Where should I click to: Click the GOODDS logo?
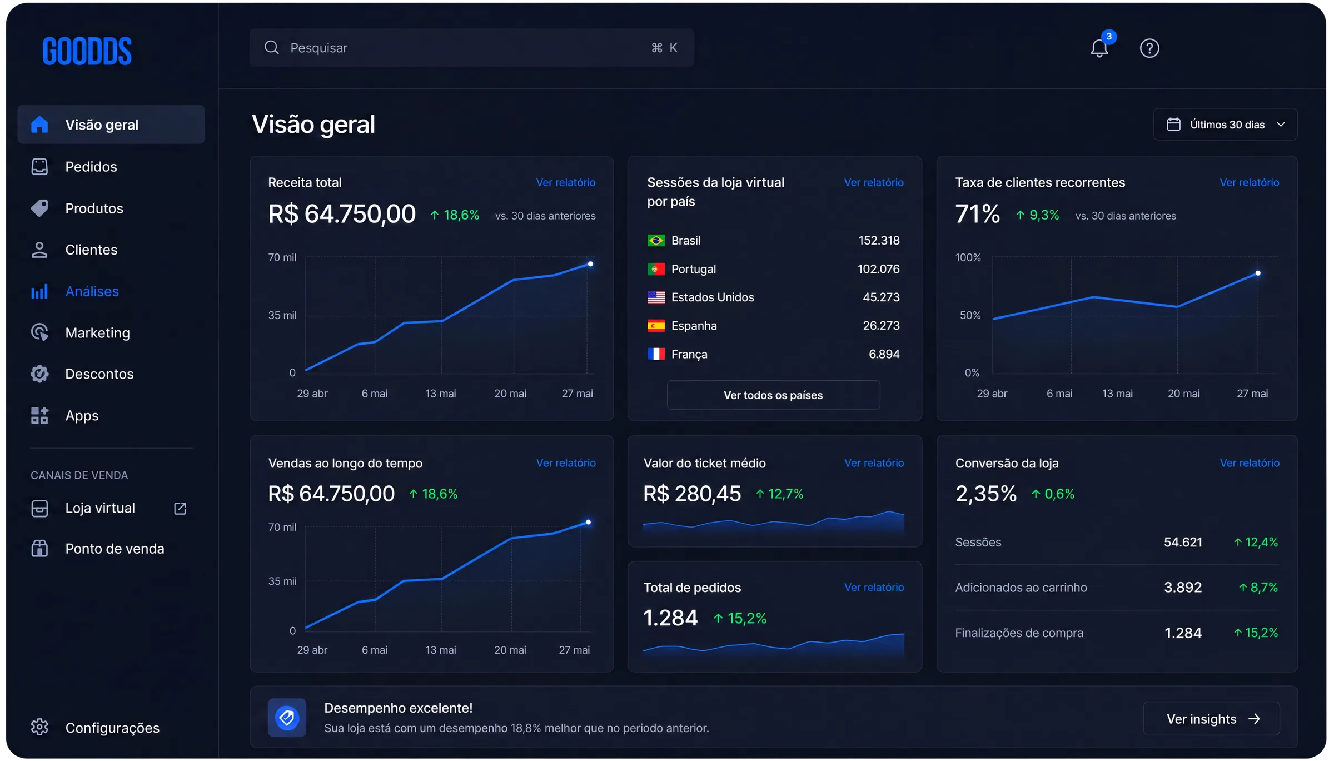click(87, 51)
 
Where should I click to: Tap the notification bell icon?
click(1099, 48)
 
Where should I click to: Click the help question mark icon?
click(1149, 48)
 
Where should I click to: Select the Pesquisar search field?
click(471, 48)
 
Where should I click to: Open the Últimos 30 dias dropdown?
click(1225, 125)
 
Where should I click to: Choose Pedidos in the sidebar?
click(91, 167)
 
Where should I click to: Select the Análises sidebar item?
click(92, 291)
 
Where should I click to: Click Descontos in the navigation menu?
click(99, 374)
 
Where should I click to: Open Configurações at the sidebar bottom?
click(112, 728)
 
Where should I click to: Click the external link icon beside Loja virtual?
click(180, 508)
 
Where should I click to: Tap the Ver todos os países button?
click(773, 395)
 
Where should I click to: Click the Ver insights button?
click(1211, 719)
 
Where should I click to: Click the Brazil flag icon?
click(656, 241)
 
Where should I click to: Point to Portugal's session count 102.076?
click(878, 269)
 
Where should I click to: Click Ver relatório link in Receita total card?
click(565, 182)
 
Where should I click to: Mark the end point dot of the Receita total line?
click(590, 264)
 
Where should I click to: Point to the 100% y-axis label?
click(968, 257)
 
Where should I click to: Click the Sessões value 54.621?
click(1183, 542)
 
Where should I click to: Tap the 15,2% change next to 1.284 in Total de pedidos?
click(740, 618)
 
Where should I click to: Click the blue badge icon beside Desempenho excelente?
click(287, 718)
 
